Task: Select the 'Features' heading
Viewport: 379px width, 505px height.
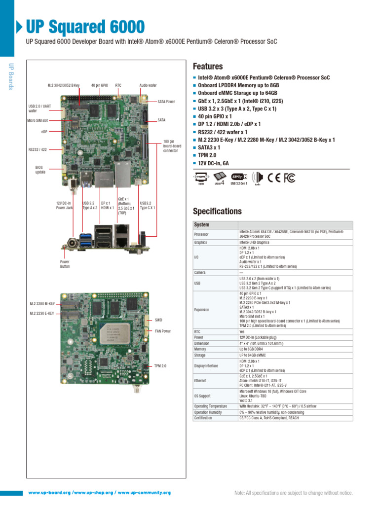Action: point(207,66)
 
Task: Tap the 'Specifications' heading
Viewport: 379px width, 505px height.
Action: point(217,211)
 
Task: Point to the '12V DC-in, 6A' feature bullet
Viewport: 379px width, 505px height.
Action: point(213,163)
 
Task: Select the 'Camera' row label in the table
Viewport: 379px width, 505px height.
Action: point(200,272)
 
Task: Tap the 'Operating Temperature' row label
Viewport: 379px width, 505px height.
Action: point(211,406)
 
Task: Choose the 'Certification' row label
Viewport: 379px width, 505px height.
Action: point(203,418)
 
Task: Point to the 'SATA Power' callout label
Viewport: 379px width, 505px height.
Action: point(166,102)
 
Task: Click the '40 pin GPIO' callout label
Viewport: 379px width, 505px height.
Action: point(100,85)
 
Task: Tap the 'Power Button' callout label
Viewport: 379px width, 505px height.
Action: point(65,264)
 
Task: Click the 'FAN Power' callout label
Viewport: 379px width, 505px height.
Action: point(163,331)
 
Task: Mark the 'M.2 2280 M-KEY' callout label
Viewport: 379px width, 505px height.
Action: point(42,304)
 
